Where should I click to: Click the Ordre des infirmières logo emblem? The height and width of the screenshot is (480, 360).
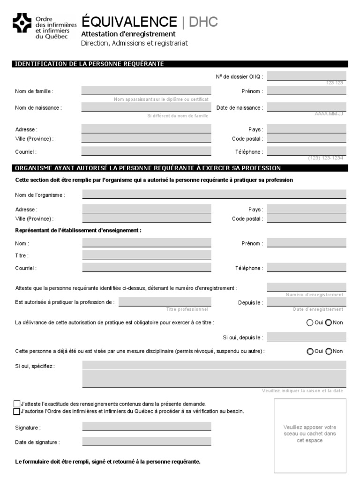pos(22,23)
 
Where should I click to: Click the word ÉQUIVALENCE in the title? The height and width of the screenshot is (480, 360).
pos(129,22)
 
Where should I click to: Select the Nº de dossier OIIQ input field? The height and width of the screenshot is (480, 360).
pos(306,76)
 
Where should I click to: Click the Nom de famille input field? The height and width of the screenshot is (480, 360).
pos(146,91)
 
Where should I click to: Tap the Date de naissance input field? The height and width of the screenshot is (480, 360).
pos(306,107)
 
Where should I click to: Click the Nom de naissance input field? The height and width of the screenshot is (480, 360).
pos(146,107)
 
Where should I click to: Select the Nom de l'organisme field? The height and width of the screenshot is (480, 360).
pos(214,195)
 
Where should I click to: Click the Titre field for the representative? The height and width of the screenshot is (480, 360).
pos(147,255)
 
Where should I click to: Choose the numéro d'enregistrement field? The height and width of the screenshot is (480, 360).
pos(306,287)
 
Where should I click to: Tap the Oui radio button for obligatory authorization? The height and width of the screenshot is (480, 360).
pos(310,322)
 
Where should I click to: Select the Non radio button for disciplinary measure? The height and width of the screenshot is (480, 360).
pos(329,351)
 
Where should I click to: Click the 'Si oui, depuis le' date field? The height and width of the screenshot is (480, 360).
pos(306,337)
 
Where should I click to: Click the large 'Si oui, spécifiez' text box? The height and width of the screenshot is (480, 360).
pos(214,374)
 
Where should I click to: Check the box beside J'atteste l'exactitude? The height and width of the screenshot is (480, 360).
pos(17,404)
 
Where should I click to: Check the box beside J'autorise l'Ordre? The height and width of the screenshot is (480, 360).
pos(17,411)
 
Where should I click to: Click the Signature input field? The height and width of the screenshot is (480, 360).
pos(147,427)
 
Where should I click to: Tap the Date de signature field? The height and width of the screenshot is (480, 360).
pos(147,442)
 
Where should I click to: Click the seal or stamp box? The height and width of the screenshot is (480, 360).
pos(310,435)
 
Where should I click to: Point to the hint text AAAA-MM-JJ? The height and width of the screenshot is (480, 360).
pos(329,114)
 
